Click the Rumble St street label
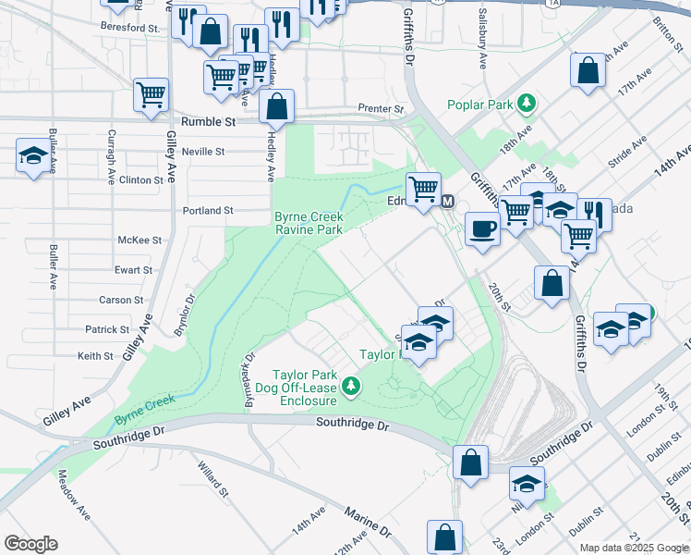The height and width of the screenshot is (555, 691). tap(209, 121)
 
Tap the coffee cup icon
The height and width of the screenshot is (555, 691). tap(481, 229)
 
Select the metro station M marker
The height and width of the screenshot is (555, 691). tap(448, 202)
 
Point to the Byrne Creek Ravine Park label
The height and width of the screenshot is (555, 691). tap(309, 223)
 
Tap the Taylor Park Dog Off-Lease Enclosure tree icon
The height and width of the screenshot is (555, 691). tap(351, 386)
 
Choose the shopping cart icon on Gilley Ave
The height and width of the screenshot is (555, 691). tap(151, 93)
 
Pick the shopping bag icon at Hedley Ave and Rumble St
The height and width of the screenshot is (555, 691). tap(276, 107)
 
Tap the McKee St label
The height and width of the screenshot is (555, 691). tap(139, 240)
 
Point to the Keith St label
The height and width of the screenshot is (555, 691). tap(95, 355)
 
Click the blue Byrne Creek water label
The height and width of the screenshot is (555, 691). tap(145, 410)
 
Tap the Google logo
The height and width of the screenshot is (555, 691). tap(30, 544)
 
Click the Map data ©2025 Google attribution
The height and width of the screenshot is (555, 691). tap(633, 548)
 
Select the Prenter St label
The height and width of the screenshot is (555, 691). tap(382, 109)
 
